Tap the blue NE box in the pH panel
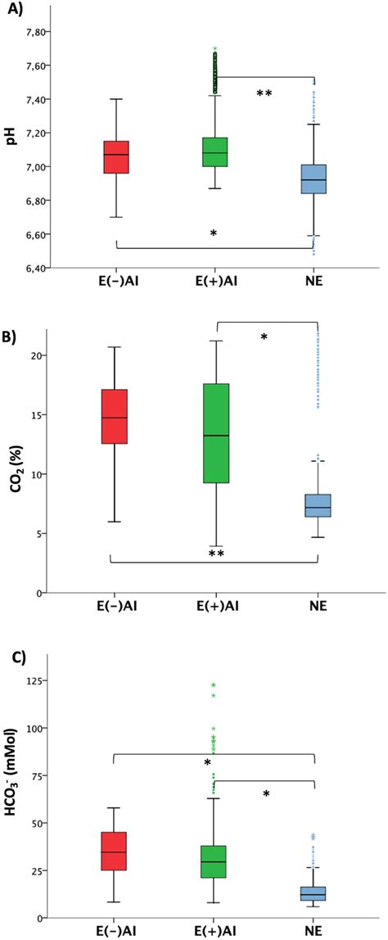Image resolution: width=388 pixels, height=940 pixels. (314, 179)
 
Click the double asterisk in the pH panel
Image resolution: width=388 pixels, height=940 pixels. (264, 94)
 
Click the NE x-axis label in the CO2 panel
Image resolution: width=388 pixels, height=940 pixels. (314, 608)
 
